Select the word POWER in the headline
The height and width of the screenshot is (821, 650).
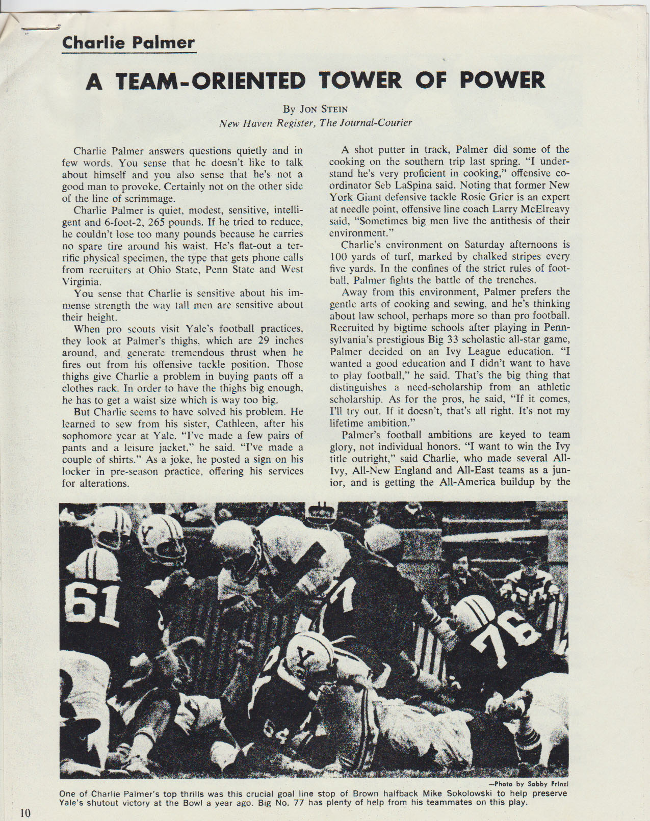pos(503,81)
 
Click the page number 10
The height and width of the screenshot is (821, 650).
pos(25,812)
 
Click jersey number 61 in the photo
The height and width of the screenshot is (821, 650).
pos(95,604)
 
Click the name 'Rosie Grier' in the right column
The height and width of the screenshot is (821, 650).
pos(482,197)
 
